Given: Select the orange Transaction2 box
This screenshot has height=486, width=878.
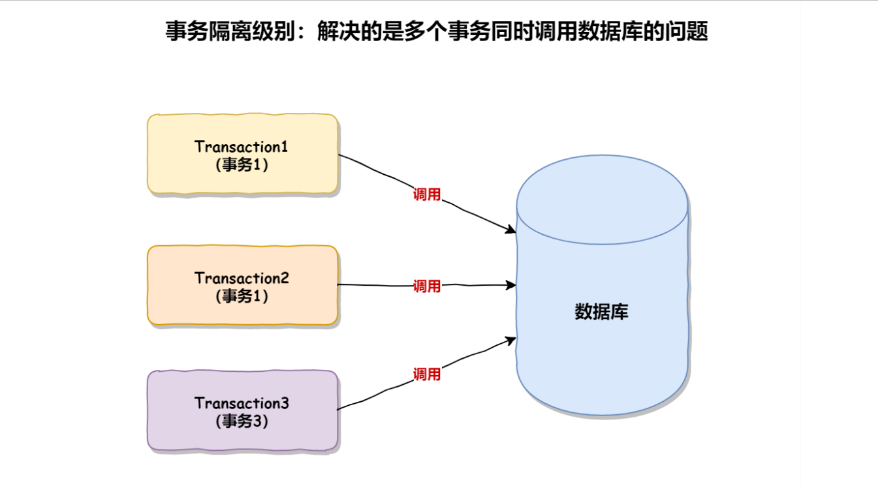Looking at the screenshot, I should tap(242, 310).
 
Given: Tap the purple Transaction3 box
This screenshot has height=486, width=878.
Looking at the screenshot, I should tap(242, 434).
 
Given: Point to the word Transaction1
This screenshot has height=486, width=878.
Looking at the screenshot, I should tap(242, 146).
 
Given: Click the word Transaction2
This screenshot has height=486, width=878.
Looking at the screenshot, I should tap(242, 278).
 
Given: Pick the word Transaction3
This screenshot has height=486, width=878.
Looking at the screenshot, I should tap(242, 403).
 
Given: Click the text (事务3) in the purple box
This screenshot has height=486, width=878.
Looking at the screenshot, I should tap(242, 421).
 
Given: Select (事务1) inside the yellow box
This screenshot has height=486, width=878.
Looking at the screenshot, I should tap(242, 164).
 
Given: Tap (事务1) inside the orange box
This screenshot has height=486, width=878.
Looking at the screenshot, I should tap(242, 296).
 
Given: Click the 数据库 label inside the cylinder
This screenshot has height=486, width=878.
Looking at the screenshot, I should tap(601, 312).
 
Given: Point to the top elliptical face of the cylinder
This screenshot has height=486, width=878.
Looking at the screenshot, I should tap(601, 200).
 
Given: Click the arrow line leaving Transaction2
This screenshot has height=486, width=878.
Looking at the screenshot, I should tap(379, 285).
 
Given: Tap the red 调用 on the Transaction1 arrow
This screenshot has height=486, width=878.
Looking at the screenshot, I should tap(427, 194).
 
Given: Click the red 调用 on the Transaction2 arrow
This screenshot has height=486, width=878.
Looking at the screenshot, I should tap(427, 286).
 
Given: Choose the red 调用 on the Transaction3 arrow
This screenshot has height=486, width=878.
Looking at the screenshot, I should tap(427, 374).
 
